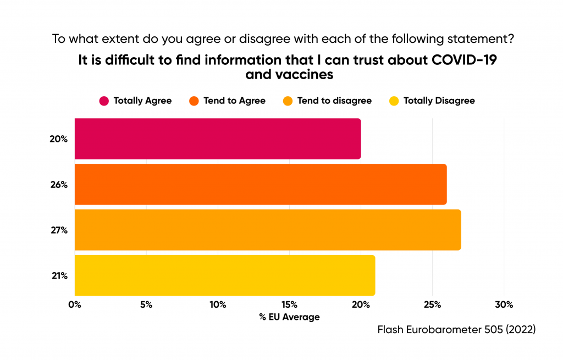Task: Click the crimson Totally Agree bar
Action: point(217,139)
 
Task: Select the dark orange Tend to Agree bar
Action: point(260,185)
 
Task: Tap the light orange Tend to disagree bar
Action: point(267,230)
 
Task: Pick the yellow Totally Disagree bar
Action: point(224,275)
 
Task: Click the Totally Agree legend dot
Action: point(103,101)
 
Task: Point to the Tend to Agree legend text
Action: point(234,101)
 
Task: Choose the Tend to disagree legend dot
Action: point(288,101)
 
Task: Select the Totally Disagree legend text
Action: point(439,101)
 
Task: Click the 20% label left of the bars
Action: point(58,139)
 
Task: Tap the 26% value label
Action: point(58,185)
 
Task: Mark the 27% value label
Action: point(58,230)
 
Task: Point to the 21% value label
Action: point(58,275)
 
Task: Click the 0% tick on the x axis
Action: point(75,304)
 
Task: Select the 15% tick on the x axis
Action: point(289,304)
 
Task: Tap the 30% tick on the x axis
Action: point(504,304)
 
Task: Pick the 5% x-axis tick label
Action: point(146,304)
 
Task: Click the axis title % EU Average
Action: point(289,317)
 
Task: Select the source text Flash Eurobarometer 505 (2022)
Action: point(456,330)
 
